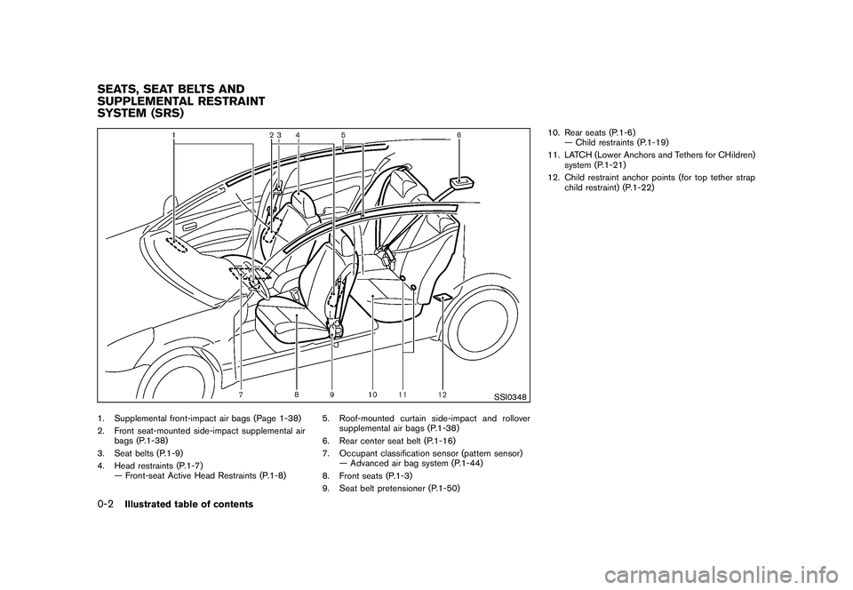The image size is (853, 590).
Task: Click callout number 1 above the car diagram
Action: click(174, 134)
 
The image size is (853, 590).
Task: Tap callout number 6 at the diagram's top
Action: click(458, 134)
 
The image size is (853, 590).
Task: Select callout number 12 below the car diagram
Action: click(442, 393)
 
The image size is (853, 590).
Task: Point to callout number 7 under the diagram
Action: click(242, 393)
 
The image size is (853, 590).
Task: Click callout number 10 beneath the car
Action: click(371, 393)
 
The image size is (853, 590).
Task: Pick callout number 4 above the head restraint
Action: click(298, 134)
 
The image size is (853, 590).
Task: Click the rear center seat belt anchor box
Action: click(462, 183)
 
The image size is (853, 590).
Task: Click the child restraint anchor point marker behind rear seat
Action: click(442, 299)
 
